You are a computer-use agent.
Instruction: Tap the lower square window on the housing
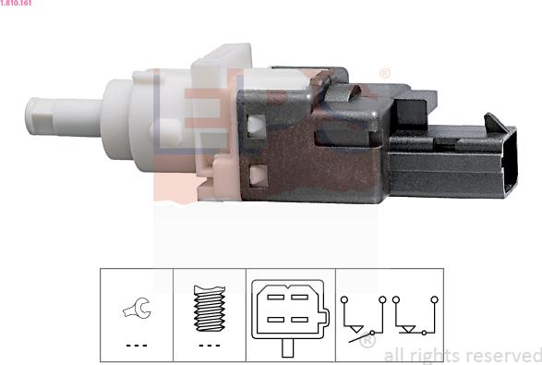[258, 173]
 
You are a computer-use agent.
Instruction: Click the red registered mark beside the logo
[384, 73]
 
